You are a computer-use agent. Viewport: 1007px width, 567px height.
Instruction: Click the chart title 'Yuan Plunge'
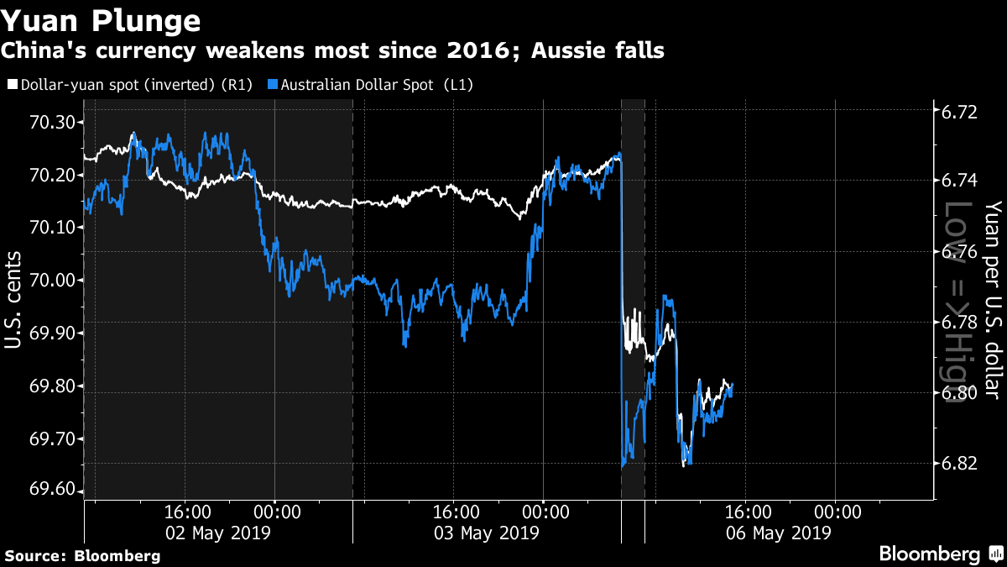click(100, 21)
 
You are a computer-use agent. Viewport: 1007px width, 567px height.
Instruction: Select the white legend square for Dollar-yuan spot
click(13, 84)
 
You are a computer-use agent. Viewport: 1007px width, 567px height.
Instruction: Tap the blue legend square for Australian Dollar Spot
click(273, 84)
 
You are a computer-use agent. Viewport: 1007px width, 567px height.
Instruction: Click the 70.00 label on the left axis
click(52, 281)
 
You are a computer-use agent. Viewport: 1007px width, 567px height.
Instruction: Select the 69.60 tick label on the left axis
click(52, 489)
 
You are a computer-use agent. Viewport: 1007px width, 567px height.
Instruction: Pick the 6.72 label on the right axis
click(959, 112)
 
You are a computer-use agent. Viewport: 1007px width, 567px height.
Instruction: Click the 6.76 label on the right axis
click(959, 251)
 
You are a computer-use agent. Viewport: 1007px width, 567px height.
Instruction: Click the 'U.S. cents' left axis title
click(13, 300)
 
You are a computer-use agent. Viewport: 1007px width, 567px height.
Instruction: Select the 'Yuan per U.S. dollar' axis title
click(994, 300)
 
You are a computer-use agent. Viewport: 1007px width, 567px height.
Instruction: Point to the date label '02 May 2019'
click(218, 533)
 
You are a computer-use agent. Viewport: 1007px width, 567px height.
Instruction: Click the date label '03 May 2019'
click(487, 533)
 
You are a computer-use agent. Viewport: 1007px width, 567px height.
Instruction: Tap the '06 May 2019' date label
click(779, 533)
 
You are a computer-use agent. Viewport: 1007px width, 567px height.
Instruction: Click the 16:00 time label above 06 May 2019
click(748, 512)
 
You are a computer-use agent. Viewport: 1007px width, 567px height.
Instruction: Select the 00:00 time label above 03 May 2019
click(545, 512)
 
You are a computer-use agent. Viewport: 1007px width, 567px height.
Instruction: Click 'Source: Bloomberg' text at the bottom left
click(83, 556)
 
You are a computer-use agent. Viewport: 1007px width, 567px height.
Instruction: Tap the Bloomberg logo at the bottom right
click(942, 554)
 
